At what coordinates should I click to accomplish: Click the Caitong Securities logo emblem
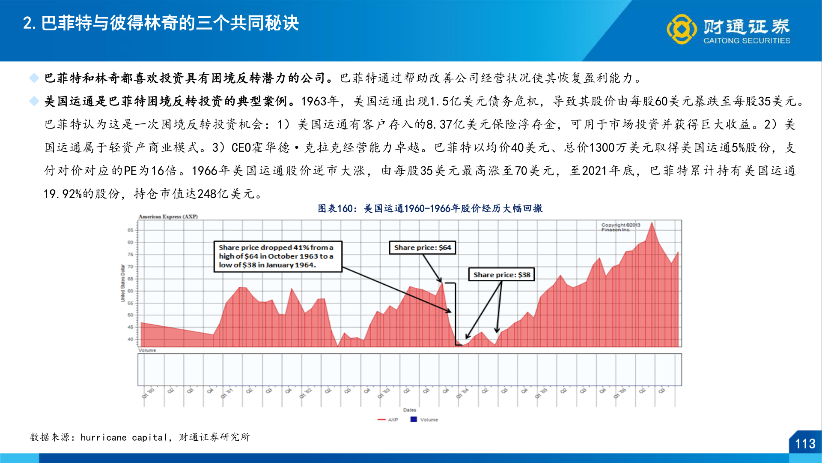(682, 29)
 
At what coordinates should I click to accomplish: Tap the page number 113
(805, 444)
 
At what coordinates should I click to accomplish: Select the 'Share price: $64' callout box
(422, 248)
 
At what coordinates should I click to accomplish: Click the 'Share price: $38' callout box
(502, 275)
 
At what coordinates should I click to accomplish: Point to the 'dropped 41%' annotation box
(277, 256)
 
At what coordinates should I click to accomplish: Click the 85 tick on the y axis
(130, 230)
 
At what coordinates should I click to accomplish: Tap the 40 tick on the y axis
(130, 339)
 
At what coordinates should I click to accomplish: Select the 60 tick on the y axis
(130, 291)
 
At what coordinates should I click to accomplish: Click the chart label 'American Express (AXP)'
(168, 216)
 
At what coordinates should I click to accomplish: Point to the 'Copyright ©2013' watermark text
(620, 225)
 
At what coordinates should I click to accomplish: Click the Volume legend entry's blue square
(414, 419)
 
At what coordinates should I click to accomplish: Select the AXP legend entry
(388, 420)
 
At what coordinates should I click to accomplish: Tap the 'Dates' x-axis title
(409, 410)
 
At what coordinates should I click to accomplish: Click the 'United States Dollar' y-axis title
(123, 283)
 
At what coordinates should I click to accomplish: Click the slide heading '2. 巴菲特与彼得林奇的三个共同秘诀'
(161, 24)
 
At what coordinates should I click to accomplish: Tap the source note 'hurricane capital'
(123, 437)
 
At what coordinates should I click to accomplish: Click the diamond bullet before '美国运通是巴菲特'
(34, 101)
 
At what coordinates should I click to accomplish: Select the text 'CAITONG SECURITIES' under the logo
(747, 41)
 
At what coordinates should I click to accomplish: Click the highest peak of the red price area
(652, 223)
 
